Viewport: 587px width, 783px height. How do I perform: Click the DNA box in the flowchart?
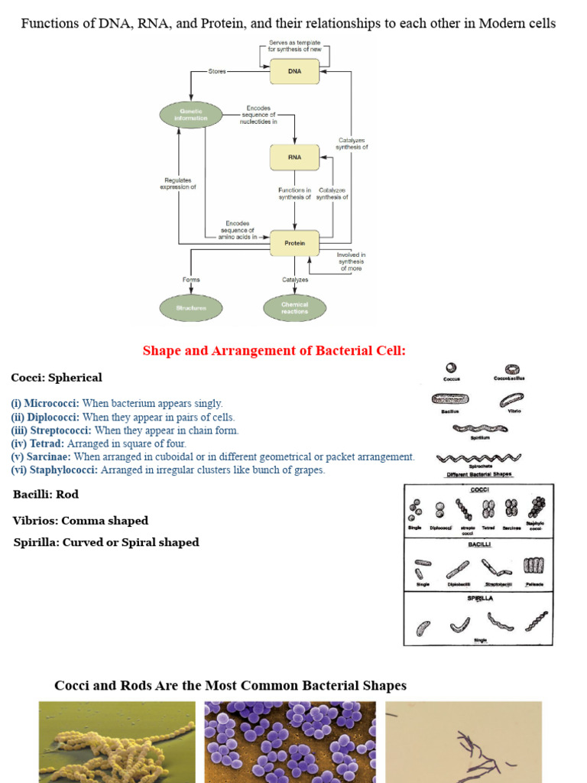coord(294,71)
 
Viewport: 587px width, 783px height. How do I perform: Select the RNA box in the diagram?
coord(294,157)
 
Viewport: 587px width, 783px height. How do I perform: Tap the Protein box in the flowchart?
coord(294,243)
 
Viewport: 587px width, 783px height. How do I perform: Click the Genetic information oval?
coord(190,115)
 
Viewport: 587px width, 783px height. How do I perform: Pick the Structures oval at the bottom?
coord(190,308)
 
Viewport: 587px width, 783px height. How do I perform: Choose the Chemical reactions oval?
coord(294,308)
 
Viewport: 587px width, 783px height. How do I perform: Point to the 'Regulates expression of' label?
coord(178,184)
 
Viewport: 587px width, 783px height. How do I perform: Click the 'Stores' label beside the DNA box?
coord(217,71)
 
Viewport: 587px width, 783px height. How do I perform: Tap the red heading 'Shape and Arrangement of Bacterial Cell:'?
coord(274,351)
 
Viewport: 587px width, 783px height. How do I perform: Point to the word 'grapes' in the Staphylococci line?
coord(308,470)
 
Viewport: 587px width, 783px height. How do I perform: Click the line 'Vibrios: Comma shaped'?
coord(80,521)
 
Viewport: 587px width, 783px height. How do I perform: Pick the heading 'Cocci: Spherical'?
coord(57,378)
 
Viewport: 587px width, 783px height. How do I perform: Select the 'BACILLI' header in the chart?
coord(478,545)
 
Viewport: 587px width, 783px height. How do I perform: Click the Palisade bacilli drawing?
coord(533,566)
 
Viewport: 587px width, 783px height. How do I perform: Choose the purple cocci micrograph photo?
coord(290,742)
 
